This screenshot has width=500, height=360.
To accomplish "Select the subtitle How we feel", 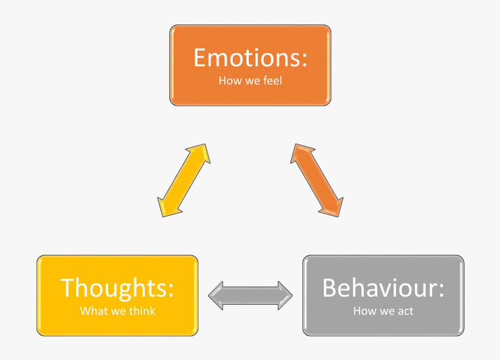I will click(250, 81).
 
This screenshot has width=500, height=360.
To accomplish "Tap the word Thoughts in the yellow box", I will click(113, 288).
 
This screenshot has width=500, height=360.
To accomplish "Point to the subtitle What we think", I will click(117, 311).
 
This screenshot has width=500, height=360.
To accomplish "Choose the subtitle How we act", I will click(383, 311).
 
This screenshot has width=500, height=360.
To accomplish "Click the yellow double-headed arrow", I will click(183, 179).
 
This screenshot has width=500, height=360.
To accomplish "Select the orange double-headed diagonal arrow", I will click(317, 179).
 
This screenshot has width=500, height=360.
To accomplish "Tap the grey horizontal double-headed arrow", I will click(250, 295).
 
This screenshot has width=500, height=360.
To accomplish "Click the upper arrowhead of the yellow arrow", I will click(201, 150).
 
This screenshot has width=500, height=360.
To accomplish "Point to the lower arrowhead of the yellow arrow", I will click(166, 208).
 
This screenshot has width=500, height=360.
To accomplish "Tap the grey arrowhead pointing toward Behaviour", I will click(284, 295).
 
